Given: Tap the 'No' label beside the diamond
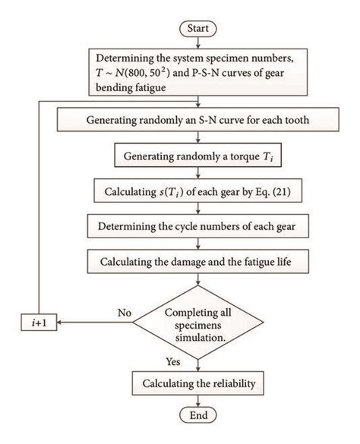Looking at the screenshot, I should click(126, 312).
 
